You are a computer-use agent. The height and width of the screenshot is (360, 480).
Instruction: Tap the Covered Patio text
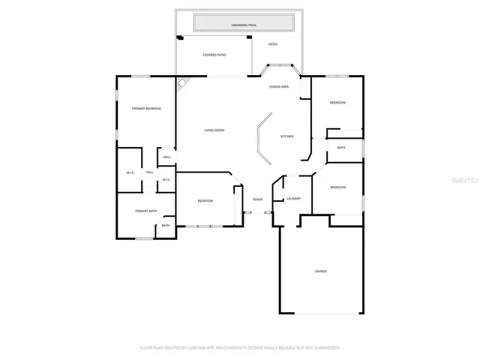215,55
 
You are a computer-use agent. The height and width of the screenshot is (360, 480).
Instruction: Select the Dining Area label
280,87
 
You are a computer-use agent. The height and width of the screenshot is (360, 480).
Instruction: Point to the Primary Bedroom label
147,109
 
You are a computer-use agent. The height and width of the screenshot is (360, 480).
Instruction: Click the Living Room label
214,130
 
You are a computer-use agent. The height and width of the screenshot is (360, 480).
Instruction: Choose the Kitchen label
286,136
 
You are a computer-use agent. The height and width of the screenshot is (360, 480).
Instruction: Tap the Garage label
320,271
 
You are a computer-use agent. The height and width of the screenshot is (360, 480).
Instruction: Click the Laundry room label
293,199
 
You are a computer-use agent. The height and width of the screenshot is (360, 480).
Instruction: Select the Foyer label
257,199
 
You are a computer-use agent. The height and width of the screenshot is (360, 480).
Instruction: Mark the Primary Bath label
145,211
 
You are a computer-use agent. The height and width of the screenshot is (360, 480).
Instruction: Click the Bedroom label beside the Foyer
205,201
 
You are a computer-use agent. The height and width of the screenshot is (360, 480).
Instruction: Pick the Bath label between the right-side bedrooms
341,148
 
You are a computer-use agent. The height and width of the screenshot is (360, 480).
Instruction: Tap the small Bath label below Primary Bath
166,226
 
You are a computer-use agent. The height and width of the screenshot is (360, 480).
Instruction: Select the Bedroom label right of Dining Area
337,102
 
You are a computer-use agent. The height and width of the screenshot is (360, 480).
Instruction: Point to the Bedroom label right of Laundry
337,187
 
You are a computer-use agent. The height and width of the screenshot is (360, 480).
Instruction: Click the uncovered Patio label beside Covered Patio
274,44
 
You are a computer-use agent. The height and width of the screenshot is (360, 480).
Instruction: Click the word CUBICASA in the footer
197,348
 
